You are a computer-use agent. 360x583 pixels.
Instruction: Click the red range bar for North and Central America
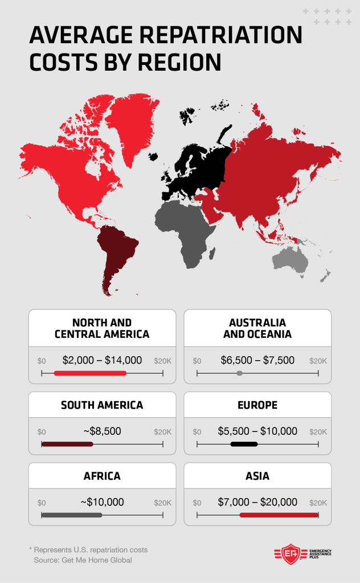[x=90, y=373]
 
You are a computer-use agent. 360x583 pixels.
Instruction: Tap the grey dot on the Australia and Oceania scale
[x=239, y=373]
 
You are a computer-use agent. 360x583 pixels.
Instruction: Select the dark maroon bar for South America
[x=67, y=444]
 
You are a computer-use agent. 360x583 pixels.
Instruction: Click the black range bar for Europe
[x=244, y=444]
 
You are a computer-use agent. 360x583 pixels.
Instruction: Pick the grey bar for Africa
[x=72, y=515]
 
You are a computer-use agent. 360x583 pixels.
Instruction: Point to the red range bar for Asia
[x=279, y=515]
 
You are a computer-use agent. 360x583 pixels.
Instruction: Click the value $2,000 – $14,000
[x=102, y=360]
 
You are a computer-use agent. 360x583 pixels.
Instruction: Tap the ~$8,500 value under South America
[x=102, y=431]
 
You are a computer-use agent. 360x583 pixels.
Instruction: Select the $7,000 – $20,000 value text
[x=257, y=502]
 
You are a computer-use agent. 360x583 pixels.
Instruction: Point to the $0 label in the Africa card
[x=42, y=503]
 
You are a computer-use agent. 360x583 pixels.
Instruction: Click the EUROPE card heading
[x=257, y=405]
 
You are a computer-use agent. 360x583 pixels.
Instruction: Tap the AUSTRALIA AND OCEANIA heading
[x=257, y=328]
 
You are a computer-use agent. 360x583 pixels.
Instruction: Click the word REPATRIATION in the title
[x=222, y=35]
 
